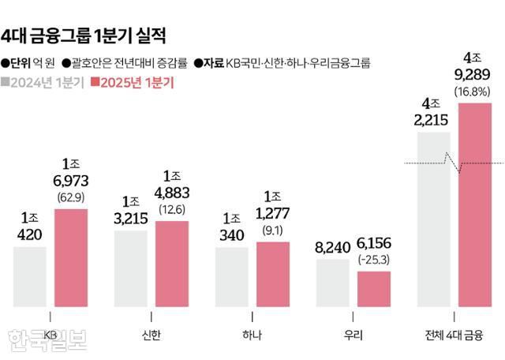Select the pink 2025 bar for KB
coord(71,257)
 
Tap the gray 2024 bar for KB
coord(30,276)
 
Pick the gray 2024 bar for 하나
coord(231,276)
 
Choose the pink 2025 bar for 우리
coord(374,288)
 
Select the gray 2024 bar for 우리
coord(332,282)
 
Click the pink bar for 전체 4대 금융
coord(475,205)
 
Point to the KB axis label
coord(50,334)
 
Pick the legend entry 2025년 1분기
coord(133,81)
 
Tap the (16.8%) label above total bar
coord(474,93)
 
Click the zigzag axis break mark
coord(454,163)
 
